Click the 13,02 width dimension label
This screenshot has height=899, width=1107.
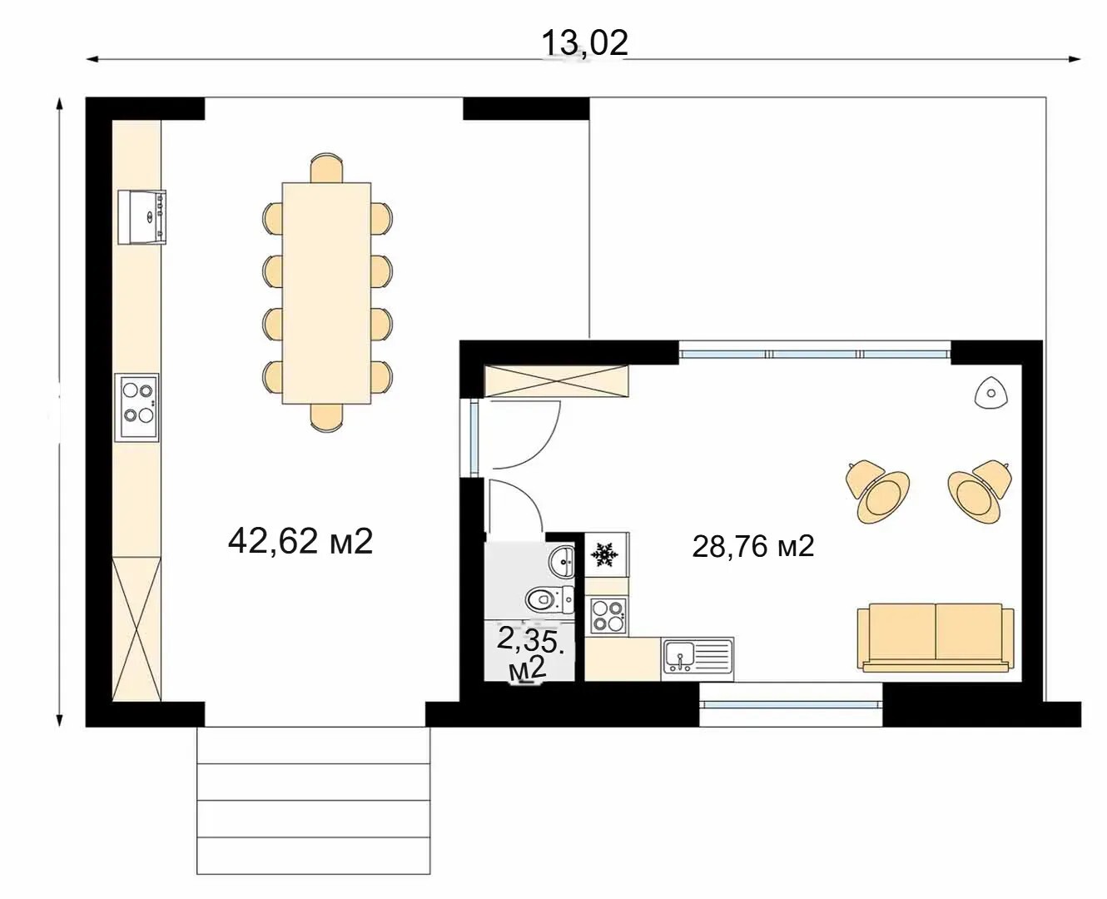coord(584,42)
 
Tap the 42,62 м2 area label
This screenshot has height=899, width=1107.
coord(300,541)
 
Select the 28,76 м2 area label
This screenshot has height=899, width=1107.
coord(753,547)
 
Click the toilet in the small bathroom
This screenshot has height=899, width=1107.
coord(550,599)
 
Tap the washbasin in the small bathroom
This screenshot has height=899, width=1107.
coord(562,561)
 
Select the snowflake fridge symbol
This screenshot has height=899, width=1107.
coord(604,554)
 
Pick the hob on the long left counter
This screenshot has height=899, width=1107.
coord(137,407)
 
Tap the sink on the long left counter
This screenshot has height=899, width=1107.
coord(141,216)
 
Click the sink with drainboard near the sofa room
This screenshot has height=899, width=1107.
coord(697,659)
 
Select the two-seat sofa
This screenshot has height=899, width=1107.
coord(936,638)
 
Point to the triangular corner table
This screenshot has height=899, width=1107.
coord(991,394)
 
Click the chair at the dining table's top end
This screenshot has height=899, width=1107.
coord(326,168)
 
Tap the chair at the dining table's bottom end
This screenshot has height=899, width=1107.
coord(326,418)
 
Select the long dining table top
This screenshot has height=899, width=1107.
coord(326,293)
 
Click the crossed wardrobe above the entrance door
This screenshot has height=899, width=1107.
coord(556,381)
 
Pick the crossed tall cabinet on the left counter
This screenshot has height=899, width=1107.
coord(137,628)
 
